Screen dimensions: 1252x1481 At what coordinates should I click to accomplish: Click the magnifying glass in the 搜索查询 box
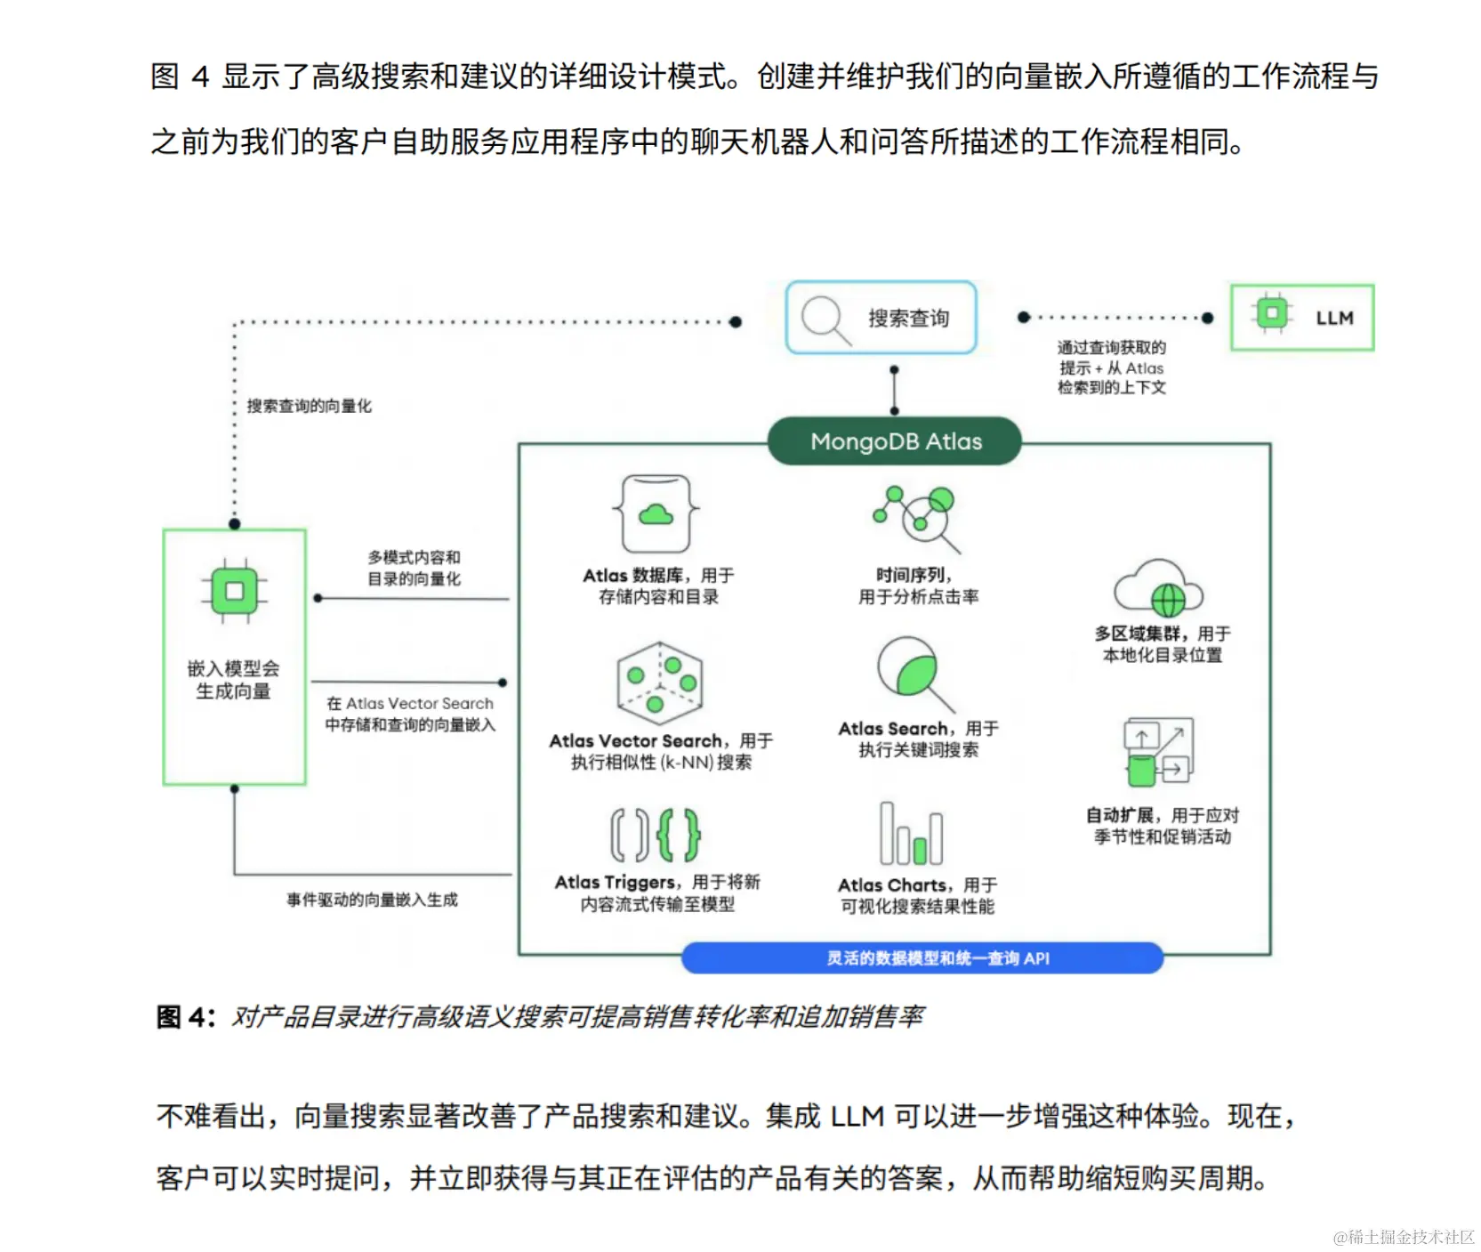click(x=825, y=319)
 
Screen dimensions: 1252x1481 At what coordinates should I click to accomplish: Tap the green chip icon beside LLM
click(x=1271, y=313)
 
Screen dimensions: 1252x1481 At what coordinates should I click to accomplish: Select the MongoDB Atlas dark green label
click(x=895, y=441)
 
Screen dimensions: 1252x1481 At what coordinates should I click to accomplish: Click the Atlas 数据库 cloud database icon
click(x=656, y=514)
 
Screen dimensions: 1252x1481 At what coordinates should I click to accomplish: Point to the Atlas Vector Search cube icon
click(x=659, y=683)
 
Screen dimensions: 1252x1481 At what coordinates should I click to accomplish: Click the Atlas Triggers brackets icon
click(x=656, y=835)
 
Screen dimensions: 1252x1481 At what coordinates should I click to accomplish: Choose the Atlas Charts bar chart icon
click(x=911, y=834)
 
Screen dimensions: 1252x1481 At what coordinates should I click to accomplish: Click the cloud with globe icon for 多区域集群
click(x=1159, y=588)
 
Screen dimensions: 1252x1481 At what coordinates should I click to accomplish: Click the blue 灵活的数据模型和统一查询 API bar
click(x=922, y=958)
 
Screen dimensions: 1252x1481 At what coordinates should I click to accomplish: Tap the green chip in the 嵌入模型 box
click(x=234, y=592)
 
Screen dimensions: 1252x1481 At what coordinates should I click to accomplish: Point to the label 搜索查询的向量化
click(x=309, y=406)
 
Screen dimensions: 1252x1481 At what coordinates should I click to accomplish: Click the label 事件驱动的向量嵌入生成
click(x=372, y=900)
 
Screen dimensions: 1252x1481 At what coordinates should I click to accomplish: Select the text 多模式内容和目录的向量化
click(x=414, y=568)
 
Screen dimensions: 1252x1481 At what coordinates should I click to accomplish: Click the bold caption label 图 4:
click(x=185, y=1017)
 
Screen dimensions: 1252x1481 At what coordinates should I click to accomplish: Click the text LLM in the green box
click(x=1334, y=318)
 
